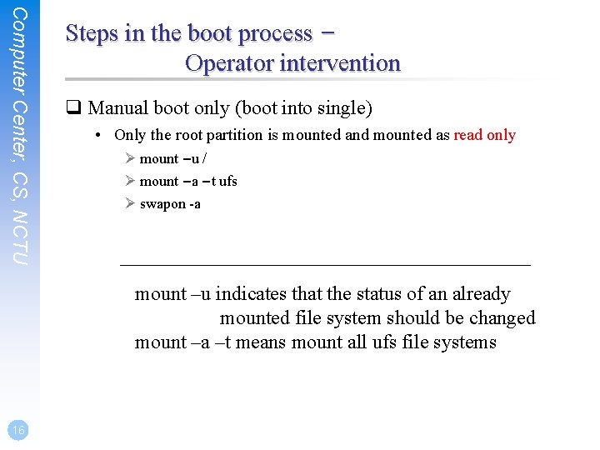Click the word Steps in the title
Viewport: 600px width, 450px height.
click(93, 33)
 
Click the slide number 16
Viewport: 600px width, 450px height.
click(18, 429)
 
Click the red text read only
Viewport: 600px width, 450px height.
click(484, 135)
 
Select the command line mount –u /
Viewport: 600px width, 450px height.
click(173, 159)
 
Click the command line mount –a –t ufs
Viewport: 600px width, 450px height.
click(188, 182)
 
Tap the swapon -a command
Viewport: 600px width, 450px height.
click(170, 204)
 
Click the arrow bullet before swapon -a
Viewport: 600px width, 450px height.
click(129, 204)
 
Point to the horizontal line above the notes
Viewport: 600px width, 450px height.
click(325, 265)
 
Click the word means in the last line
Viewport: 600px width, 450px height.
click(262, 342)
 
